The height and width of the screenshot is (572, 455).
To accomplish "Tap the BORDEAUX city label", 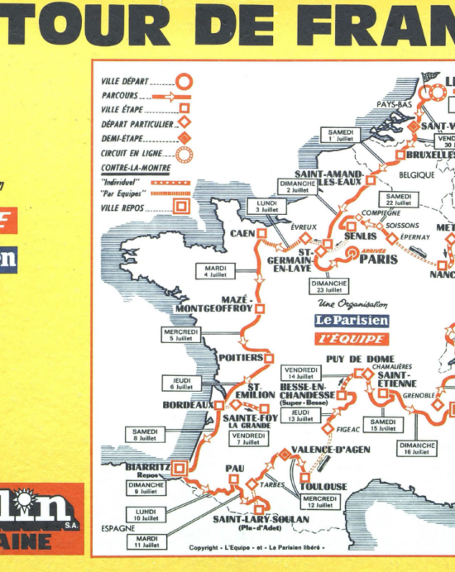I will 188,406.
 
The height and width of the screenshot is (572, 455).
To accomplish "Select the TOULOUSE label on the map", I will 323,487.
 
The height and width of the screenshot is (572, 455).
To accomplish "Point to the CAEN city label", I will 241,234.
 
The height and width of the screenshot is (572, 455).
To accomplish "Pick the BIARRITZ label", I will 148,467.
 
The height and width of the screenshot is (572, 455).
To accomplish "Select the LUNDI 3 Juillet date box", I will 266,207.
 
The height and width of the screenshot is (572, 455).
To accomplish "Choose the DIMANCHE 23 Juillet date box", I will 329,286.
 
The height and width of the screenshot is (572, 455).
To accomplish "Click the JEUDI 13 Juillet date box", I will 301,415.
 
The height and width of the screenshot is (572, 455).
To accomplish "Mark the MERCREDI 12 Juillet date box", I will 320,502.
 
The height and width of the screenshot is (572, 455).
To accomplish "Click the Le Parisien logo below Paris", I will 351,321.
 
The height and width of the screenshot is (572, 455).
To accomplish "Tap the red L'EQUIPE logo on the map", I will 351,339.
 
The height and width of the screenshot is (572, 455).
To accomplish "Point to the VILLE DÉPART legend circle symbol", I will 184,82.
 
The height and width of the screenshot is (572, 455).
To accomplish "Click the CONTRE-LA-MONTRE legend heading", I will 127,167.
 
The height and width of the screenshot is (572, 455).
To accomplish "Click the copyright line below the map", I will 257,547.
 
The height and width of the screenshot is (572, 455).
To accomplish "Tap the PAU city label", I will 234,468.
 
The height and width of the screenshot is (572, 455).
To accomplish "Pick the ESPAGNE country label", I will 117,527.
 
